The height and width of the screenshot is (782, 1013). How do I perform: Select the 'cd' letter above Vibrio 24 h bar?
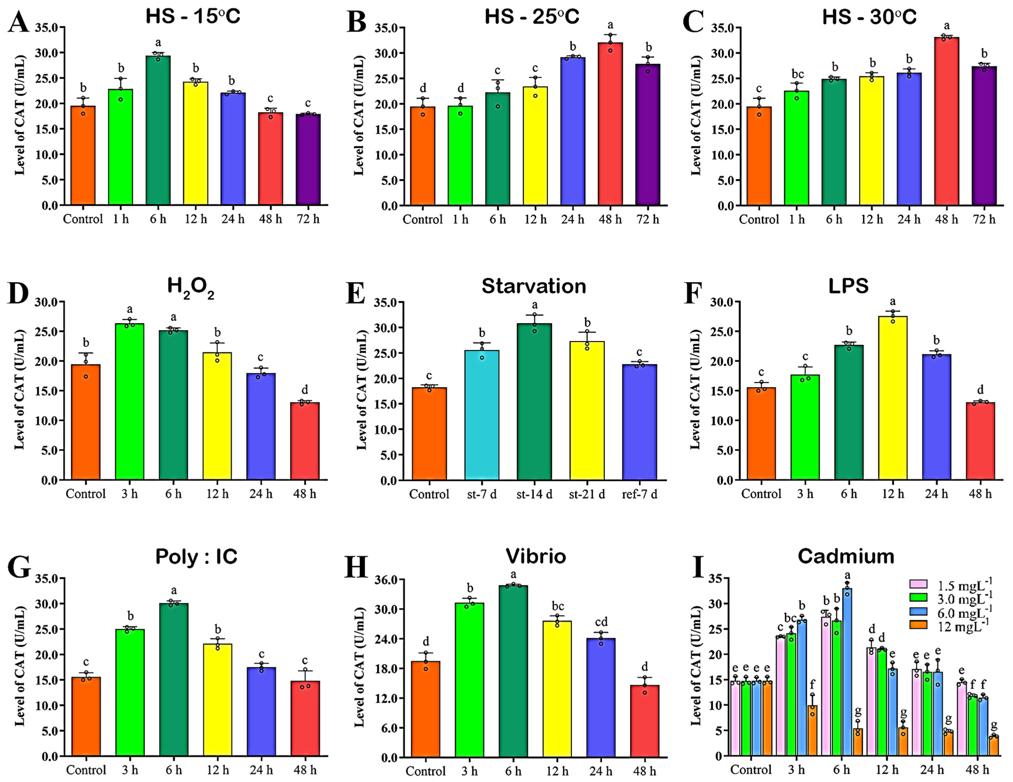click(x=601, y=622)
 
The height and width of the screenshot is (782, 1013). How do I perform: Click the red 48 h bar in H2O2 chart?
click(x=305, y=441)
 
